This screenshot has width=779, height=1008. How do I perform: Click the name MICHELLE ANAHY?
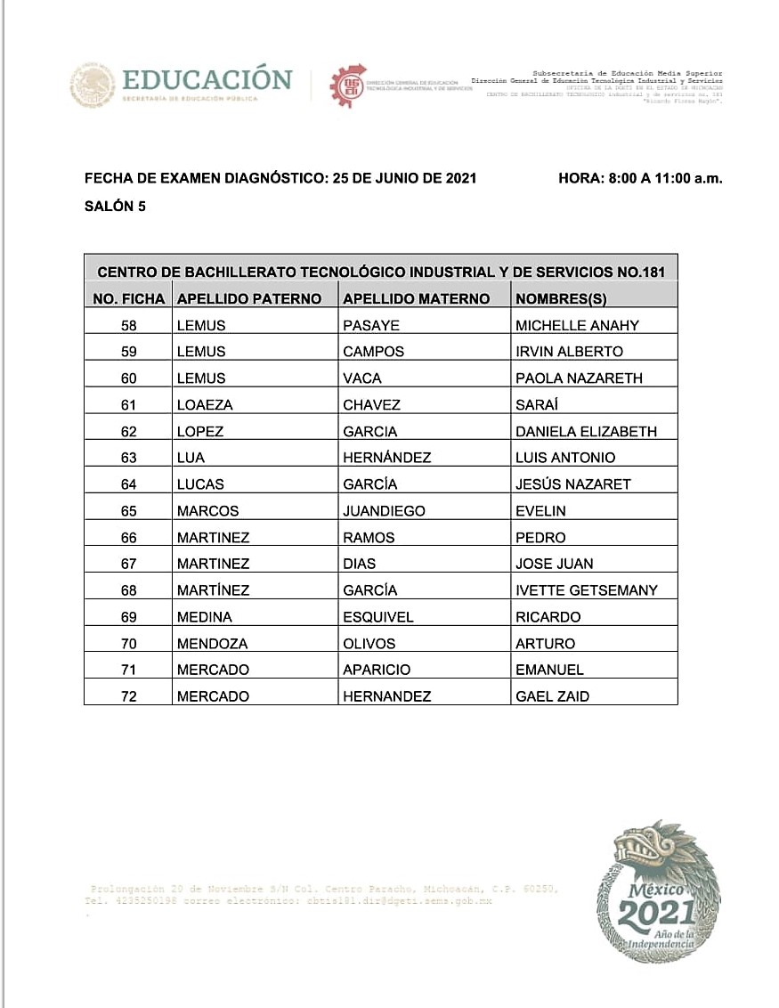pyautogui.click(x=577, y=325)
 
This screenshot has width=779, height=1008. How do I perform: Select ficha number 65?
pyautogui.click(x=128, y=511)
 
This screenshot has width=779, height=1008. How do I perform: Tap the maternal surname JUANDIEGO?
pyautogui.click(x=384, y=511)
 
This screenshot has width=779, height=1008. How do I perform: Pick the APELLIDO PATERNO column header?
pyautogui.click(x=249, y=298)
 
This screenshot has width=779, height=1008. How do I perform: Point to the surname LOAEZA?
pyautogui.click(x=205, y=404)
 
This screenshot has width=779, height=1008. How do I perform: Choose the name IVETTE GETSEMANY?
pyautogui.click(x=587, y=590)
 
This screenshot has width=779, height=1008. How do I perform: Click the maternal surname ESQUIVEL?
pyautogui.click(x=378, y=617)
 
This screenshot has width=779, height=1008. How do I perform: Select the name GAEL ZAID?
pyautogui.click(x=552, y=696)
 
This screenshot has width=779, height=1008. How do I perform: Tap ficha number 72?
pyautogui.click(x=128, y=696)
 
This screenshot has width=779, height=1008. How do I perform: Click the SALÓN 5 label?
pyautogui.click(x=115, y=207)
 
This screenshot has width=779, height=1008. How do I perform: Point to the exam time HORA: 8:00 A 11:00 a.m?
pyautogui.click(x=640, y=178)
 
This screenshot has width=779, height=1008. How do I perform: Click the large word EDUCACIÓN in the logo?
pyautogui.click(x=207, y=79)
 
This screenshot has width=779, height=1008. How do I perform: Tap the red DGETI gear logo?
pyautogui.click(x=346, y=85)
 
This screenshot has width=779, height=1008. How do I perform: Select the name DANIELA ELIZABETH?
pyautogui.click(x=586, y=431)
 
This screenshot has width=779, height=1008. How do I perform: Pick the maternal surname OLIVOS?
pyautogui.click(x=369, y=644)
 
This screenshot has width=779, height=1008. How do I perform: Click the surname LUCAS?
pyautogui.click(x=200, y=484)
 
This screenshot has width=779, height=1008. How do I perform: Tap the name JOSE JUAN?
pyautogui.click(x=554, y=564)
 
